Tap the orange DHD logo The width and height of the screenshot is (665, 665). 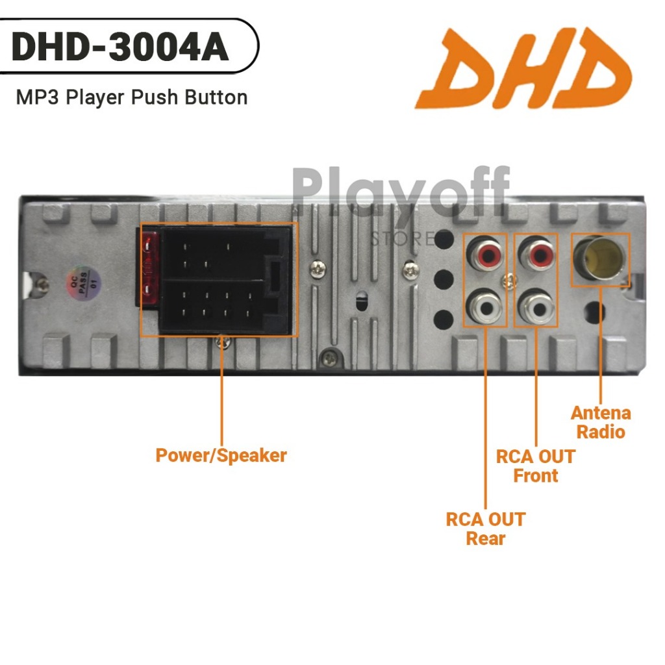pos(523,68)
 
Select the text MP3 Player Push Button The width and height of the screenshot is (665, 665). pos(132,98)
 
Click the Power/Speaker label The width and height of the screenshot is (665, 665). pos(221,455)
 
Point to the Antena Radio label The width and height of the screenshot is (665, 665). pos(601,422)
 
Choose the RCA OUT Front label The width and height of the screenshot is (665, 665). pos(536,466)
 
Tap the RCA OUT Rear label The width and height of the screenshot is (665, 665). pos(486,529)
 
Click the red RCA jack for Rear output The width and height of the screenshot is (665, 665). pos(486,253)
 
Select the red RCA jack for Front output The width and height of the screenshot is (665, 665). pos(537,253)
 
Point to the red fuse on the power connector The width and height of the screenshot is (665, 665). pos(149,266)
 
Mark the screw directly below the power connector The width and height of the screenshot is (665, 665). pos(223,342)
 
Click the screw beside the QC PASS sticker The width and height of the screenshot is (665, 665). pos(43,283)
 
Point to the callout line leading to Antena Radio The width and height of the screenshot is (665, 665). pos(601,344)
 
